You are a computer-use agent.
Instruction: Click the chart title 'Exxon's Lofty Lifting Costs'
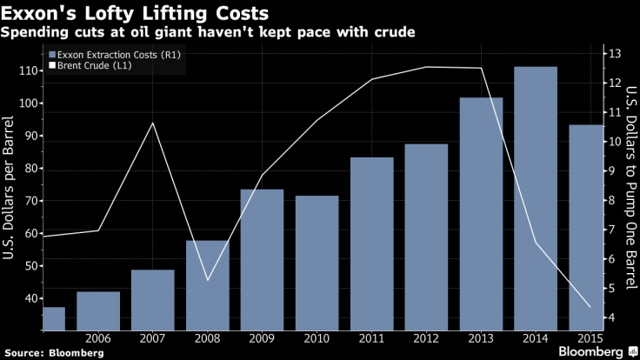point(135,15)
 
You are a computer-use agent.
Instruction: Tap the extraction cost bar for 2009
point(262,260)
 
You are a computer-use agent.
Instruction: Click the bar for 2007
point(152,300)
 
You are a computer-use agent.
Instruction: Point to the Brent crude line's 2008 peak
point(153,123)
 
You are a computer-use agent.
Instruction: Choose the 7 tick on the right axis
point(614,230)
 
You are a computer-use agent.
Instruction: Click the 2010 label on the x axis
point(317,337)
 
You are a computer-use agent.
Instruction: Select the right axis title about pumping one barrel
point(630,186)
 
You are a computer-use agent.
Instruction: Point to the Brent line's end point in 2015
point(590,307)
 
